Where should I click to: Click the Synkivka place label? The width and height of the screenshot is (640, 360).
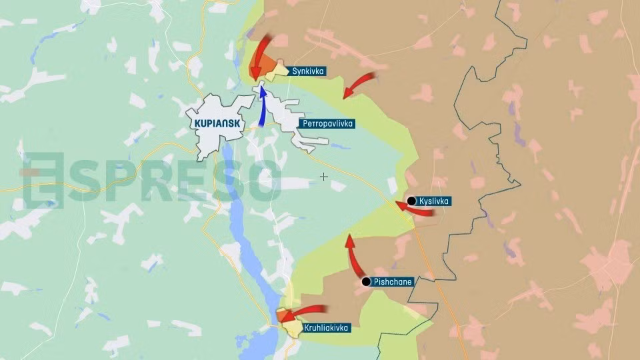(307, 71)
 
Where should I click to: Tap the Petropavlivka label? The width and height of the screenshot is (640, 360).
(327, 124)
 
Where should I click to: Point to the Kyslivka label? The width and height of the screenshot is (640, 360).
(434, 201)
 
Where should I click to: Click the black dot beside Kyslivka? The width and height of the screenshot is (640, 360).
(411, 201)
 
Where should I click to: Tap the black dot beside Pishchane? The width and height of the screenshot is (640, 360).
(365, 282)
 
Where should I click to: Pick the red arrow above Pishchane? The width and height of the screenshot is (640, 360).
(353, 257)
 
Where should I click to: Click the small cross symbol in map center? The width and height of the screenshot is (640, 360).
(324, 177)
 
